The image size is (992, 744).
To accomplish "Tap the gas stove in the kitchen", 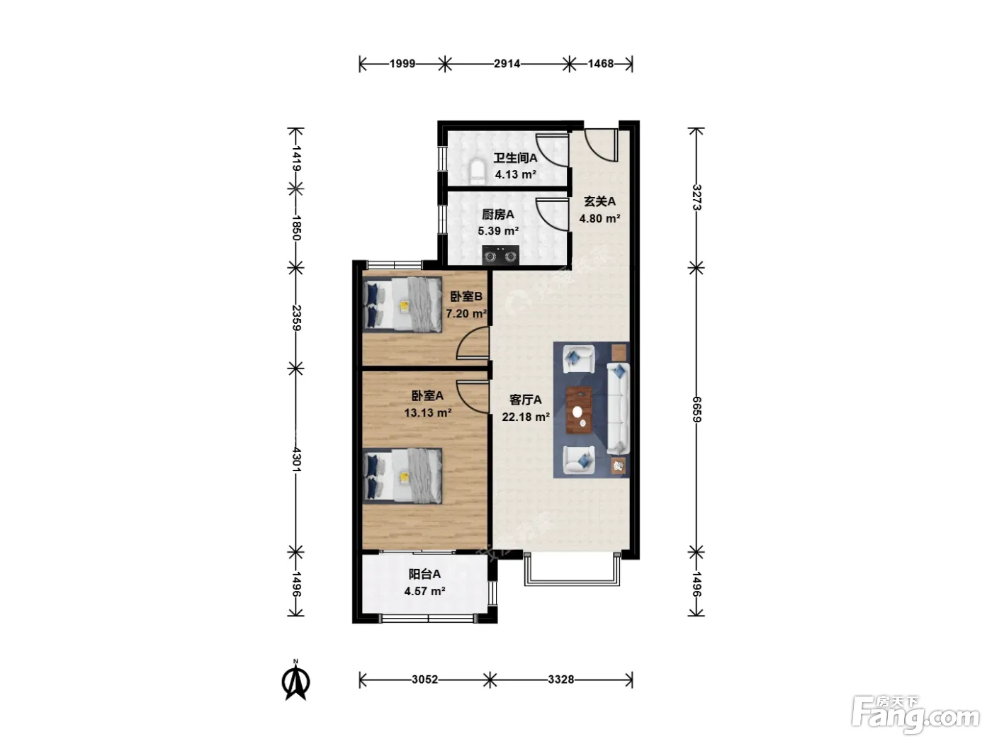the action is (500, 255).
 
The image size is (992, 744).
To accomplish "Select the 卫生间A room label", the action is (515, 158).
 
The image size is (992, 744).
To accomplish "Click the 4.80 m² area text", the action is (599, 219).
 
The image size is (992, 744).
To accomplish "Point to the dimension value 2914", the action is (507, 64).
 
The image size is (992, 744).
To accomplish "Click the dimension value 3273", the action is (697, 198).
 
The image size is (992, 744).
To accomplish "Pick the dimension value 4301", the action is (296, 460).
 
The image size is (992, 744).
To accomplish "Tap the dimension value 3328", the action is (561, 680).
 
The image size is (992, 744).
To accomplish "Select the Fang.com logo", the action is (915, 716).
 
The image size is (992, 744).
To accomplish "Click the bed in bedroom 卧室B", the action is (402, 305).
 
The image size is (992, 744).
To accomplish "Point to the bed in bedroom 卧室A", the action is (402, 475).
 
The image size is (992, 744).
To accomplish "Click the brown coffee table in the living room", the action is (580, 410).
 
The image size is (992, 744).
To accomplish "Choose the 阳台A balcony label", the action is (424, 574).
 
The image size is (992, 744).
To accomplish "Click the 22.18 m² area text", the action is (526, 417).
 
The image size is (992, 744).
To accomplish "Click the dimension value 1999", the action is (402, 64).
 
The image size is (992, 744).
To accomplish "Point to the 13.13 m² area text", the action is (427, 413).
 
